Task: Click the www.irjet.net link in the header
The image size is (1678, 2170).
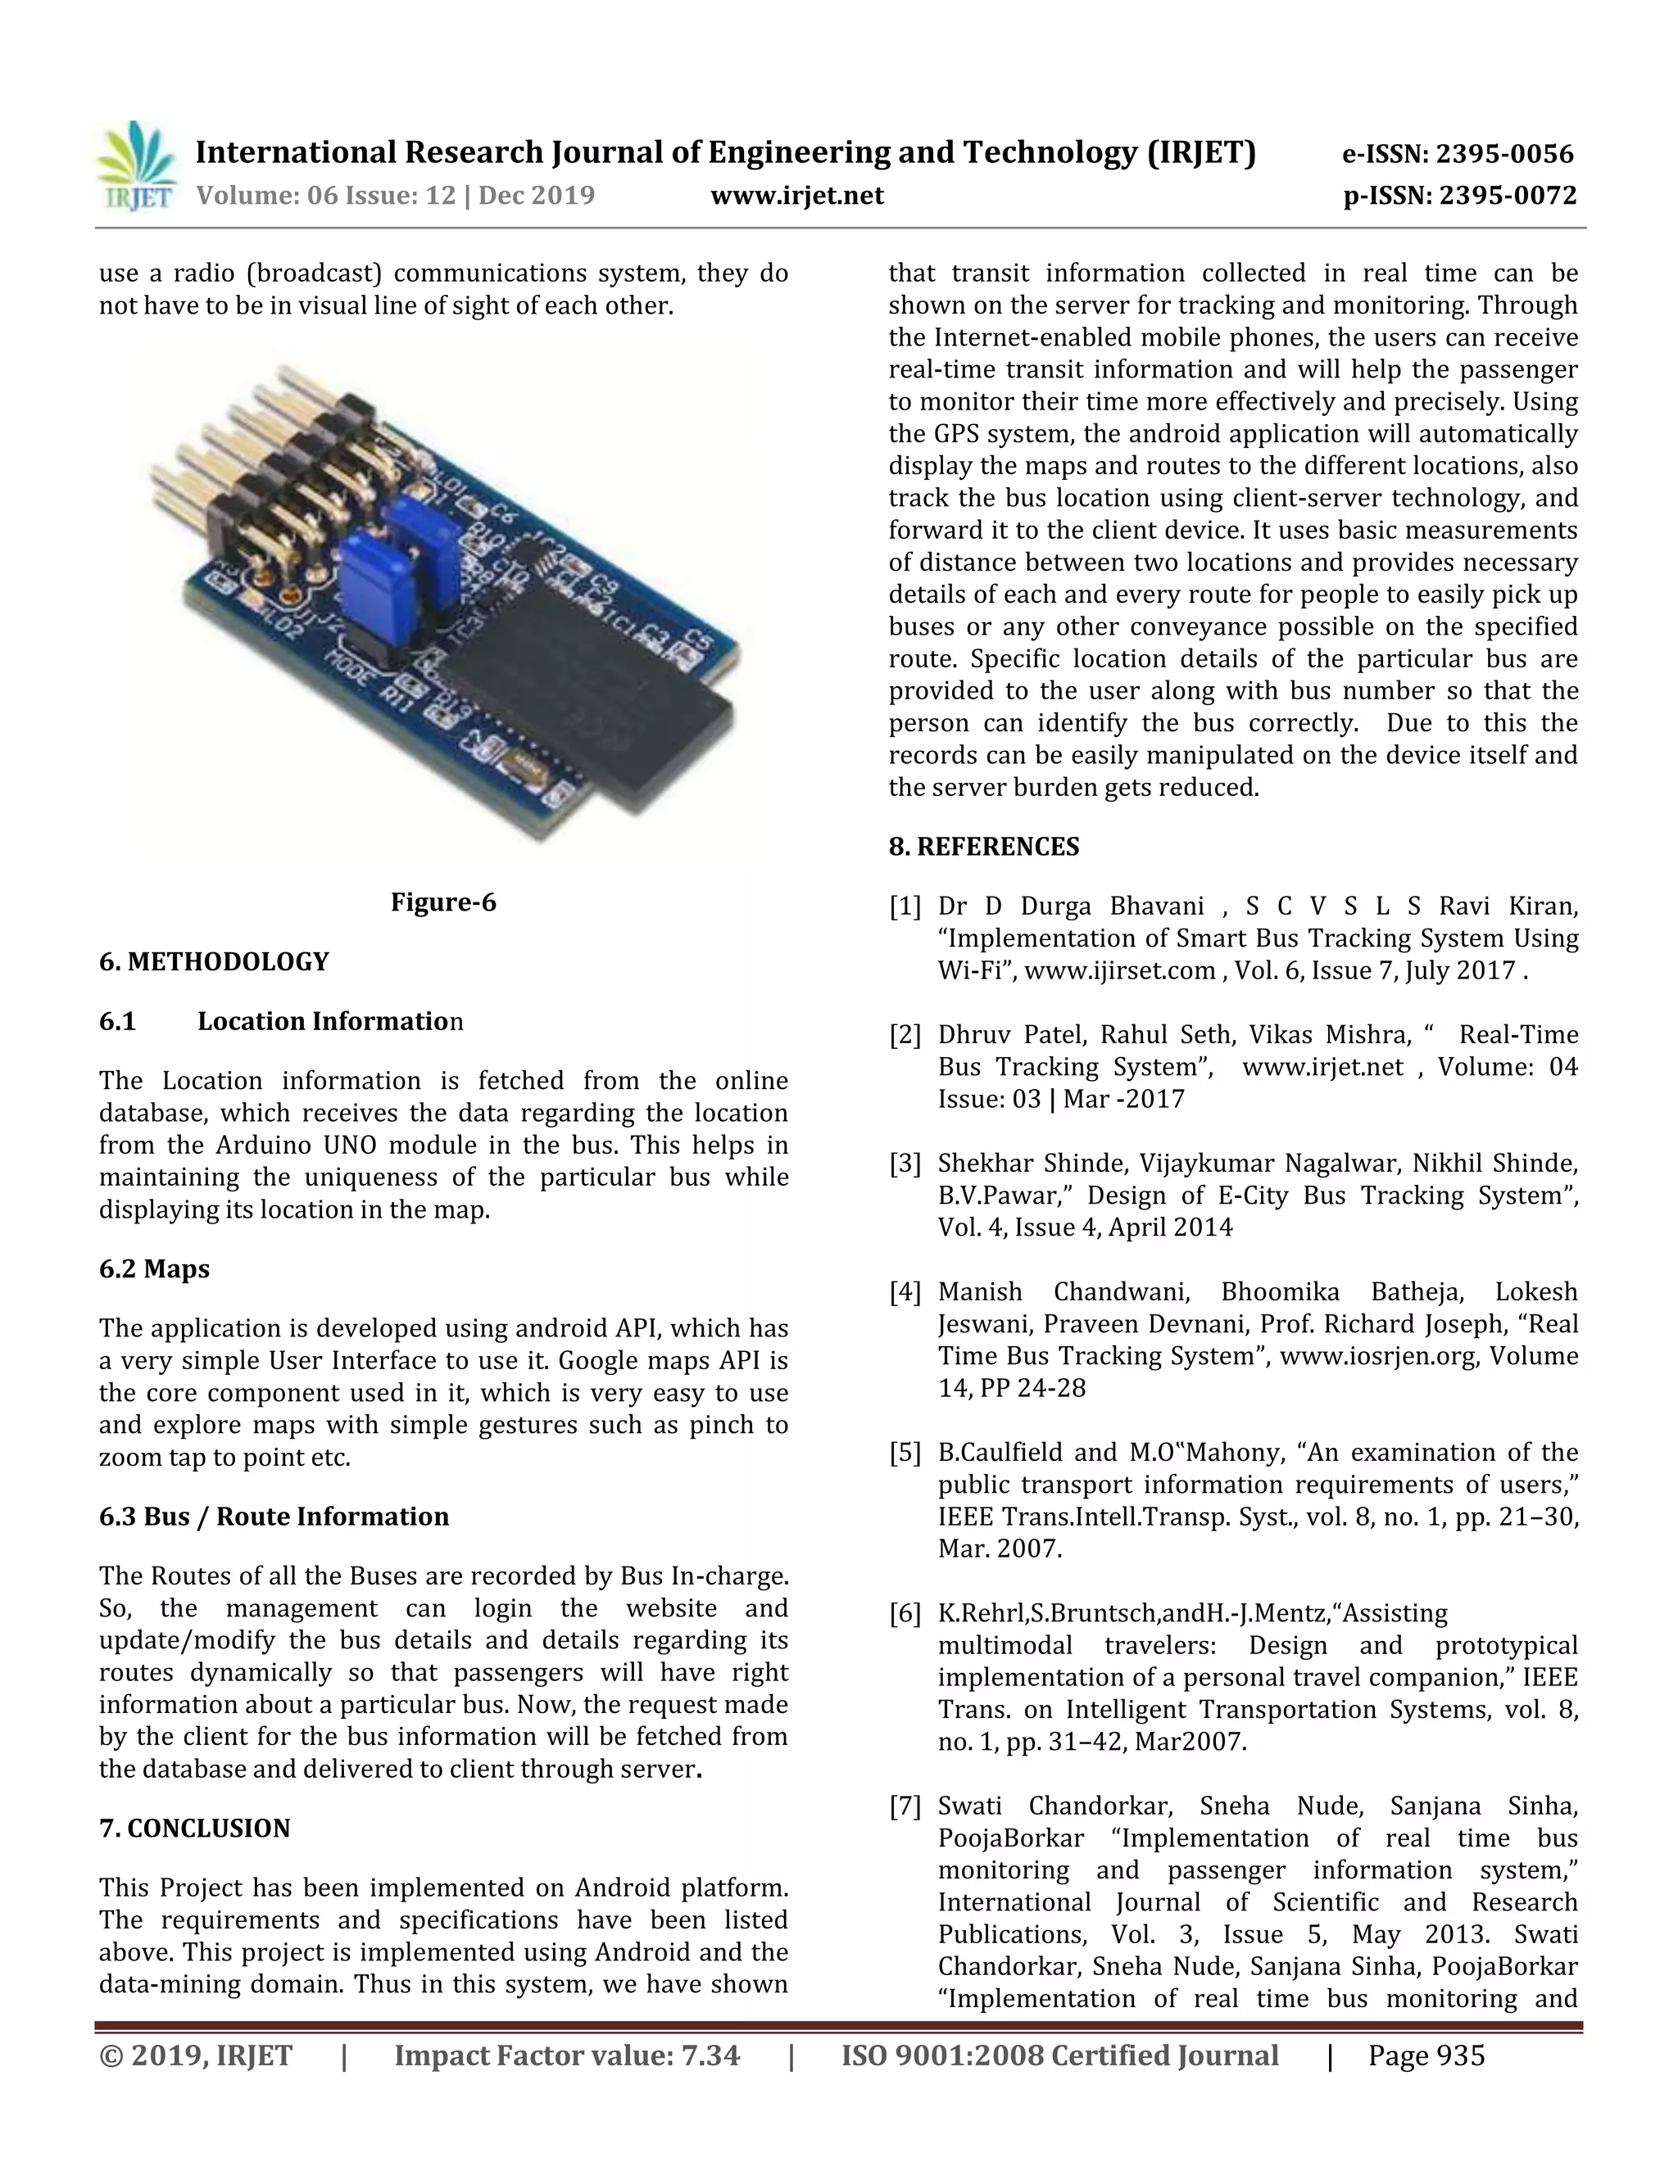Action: coord(796,196)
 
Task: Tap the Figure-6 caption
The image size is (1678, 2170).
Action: coord(442,902)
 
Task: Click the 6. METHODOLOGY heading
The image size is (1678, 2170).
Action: coord(214,962)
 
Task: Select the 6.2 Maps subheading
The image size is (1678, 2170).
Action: coord(154,1268)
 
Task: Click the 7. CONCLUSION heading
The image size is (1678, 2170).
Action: coord(195,1829)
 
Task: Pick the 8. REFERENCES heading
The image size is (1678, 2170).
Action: coord(983,847)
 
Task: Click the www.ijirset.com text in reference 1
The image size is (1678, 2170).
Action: coord(1119,970)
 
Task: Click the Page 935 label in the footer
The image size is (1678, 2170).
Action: coord(1426,2055)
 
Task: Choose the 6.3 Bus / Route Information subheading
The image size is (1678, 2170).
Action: coord(274,1517)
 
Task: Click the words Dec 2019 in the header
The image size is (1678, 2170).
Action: coord(537,196)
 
